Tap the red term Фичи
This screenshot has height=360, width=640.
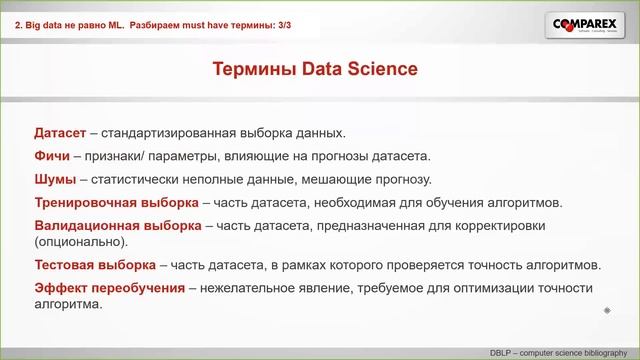coord(53,156)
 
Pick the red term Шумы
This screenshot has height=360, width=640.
coord(55,179)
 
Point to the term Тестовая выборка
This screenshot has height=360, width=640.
coord(94,265)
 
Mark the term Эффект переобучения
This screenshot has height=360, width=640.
coord(109,288)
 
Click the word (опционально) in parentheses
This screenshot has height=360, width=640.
coord(80,242)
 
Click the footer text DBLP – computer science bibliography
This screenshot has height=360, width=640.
coord(561,353)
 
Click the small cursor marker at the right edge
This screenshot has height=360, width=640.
coord(607,311)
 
